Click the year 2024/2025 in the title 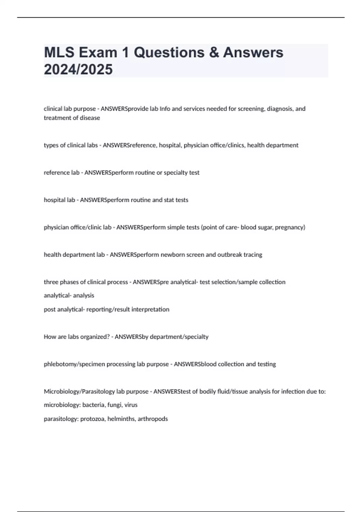pyautogui.click(x=78, y=70)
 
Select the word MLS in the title pyautogui.click(x=59, y=53)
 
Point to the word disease pyautogui.click(x=90, y=118)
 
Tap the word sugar pyautogui.click(x=265, y=227)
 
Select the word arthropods pyautogui.click(x=153, y=419)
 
